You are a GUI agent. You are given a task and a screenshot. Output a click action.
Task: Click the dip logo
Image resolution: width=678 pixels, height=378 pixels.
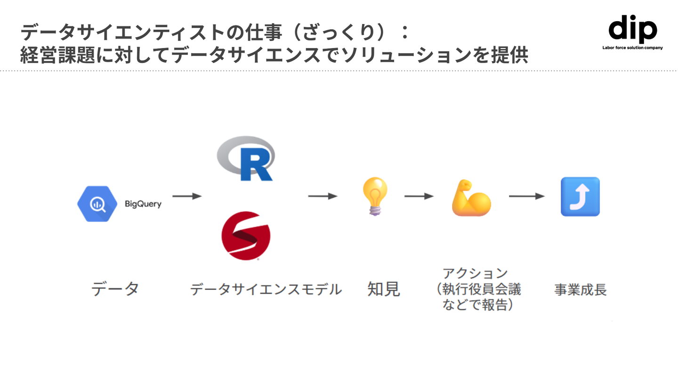[632, 30]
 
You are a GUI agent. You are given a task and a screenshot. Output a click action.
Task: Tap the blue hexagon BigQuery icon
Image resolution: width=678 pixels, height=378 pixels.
[97, 203]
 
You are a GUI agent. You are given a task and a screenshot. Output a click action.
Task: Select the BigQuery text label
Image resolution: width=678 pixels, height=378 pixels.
[143, 204]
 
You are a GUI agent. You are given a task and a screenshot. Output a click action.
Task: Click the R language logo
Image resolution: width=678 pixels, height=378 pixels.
[246, 159]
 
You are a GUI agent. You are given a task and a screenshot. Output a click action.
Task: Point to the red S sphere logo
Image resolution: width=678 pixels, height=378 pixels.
[245, 235]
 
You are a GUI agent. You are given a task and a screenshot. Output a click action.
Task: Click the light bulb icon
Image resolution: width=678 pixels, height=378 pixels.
[375, 196]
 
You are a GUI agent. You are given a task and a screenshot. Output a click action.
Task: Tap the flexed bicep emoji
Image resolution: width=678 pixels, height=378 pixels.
[470, 198]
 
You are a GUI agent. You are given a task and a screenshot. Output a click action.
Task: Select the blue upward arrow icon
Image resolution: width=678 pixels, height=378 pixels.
[580, 196]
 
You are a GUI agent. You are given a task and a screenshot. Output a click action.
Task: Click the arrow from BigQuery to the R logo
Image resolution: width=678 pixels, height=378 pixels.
[187, 196]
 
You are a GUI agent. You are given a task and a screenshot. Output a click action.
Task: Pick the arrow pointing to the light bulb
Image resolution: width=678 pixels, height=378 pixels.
[323, 196]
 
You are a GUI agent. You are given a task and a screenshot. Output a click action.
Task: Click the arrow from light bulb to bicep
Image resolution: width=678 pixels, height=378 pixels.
[419, 196]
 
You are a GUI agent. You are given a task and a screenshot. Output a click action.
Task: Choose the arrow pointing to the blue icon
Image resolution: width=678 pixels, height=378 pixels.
[526, 196]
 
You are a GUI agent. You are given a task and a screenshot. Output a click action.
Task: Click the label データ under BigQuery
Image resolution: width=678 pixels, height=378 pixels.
[115, 289]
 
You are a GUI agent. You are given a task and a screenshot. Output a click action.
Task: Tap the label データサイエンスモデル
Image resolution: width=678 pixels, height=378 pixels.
[266, 289]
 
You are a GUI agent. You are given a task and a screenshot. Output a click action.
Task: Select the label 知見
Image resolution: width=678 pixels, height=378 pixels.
[383, 289]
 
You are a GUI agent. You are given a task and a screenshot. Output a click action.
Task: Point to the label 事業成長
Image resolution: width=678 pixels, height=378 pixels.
[580, 290]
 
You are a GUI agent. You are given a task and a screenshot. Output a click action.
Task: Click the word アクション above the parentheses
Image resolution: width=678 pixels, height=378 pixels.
[475, 273]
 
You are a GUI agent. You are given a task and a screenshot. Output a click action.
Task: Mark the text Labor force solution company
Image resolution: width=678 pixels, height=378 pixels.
[632, 48]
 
